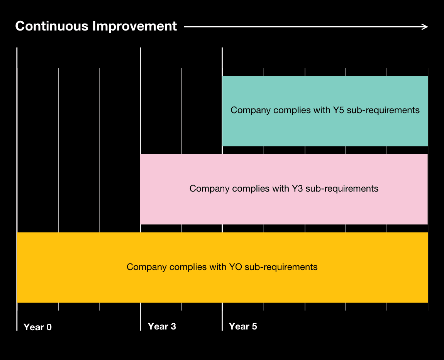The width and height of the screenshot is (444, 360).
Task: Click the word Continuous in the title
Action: click(52, 26)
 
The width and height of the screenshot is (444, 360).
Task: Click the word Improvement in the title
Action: click(134, 26)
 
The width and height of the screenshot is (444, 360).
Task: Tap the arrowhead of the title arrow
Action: click(425, 27)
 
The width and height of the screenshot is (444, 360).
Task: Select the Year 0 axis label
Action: click(37, 327)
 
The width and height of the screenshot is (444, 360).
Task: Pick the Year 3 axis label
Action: click(162, 326)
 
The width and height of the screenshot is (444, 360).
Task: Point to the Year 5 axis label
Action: click(243, 326)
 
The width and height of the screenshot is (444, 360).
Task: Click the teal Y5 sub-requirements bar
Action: click(325, 111)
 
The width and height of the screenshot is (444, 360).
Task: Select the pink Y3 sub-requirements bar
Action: click(284, 189)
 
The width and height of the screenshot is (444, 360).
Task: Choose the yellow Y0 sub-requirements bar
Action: click(222, 267)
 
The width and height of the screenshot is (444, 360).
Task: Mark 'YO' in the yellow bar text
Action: click(235, 267)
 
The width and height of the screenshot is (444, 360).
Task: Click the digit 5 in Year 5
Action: click(254, 326)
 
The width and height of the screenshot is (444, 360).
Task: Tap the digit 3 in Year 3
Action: click(173, 326)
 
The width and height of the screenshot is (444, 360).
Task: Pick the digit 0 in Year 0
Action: click(49, 327)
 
